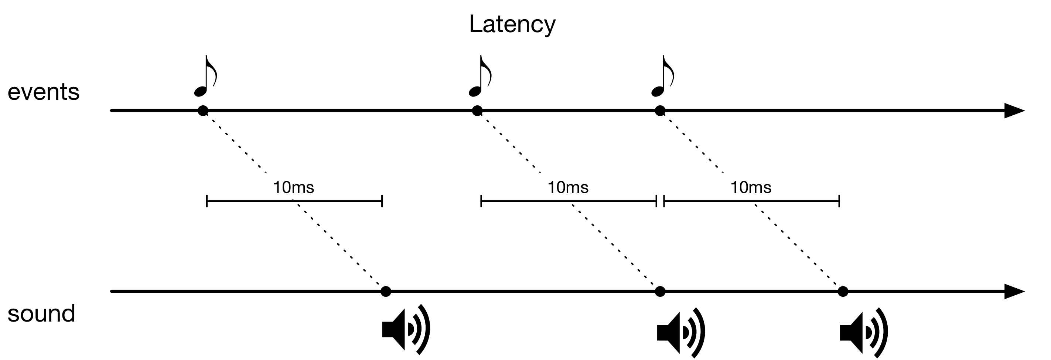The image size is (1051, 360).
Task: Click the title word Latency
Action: coord(512,24)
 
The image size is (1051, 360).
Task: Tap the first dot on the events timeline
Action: coord(203,111)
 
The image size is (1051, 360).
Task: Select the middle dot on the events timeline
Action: coord(477,111)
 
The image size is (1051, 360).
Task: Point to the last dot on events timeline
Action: coord(660,111)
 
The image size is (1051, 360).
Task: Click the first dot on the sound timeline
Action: coord(386,291)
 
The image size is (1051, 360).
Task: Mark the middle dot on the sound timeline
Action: coord(660,291)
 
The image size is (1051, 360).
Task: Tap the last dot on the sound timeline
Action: coord(843,291)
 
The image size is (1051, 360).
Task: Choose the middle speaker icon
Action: coord(680,333)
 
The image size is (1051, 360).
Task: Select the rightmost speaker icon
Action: coord(863,333)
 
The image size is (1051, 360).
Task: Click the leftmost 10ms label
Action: coord(293,188)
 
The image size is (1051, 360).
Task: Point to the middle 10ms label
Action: coord(567,188)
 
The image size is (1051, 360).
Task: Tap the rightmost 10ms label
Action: coord(750,188)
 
